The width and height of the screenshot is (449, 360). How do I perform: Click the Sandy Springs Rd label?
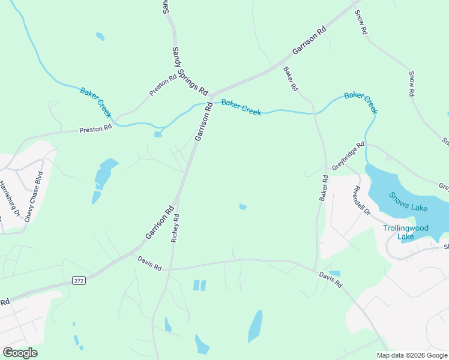189,71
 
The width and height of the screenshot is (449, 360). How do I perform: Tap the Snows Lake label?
407,202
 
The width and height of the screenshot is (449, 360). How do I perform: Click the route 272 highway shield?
79,280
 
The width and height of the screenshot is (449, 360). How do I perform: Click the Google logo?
20,353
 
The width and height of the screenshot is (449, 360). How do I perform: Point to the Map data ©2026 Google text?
412,355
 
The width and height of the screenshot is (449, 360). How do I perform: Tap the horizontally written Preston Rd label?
96,128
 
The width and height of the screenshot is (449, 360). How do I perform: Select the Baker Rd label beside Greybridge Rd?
324,188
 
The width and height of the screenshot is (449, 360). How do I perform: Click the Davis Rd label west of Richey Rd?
149,263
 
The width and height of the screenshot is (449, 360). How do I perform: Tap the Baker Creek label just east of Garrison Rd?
241,107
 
